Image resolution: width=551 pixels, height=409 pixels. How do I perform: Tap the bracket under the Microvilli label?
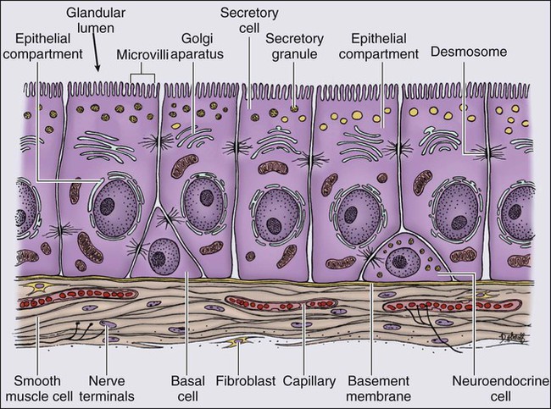click(x=143, y=75)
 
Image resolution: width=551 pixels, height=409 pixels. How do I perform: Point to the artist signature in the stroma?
click(x=515, y=340)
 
